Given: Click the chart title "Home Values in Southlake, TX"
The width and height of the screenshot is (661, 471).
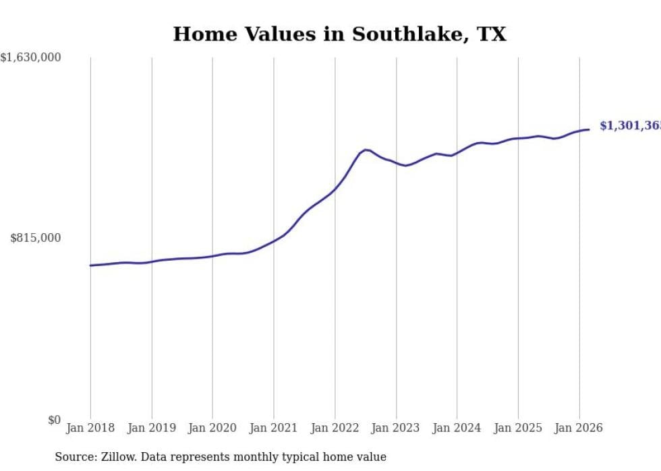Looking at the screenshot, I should pos(339,34).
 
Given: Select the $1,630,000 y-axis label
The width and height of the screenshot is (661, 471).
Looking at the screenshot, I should pos(30,57).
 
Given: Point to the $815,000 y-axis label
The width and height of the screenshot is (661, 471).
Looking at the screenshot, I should pos(35,238).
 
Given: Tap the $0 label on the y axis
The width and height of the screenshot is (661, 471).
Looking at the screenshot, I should pos(53,420).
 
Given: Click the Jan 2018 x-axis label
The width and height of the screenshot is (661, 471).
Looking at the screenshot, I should pos(90,428).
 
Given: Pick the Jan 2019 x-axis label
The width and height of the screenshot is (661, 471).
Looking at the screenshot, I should pos(152,428).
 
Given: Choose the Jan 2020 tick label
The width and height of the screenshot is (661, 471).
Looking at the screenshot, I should pos(212,428).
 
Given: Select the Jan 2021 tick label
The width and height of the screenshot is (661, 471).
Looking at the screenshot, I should pos(274,428).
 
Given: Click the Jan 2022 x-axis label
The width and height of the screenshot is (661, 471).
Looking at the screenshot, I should pos(335,428).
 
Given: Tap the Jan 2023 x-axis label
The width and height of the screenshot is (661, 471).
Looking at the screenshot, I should pos(396,428).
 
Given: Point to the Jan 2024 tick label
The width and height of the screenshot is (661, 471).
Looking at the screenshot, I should pos(457,428).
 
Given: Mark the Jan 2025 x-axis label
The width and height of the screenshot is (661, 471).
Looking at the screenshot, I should pos(518,428).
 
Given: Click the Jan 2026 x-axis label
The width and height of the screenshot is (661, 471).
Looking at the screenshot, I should pos(579,428).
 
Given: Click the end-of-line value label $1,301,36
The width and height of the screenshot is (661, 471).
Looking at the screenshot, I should pos(629,126).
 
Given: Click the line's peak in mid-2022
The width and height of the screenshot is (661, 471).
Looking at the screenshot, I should pos(366,150).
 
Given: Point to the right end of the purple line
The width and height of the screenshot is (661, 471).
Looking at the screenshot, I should pos(589,129).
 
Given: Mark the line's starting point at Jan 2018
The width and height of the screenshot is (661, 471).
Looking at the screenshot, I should pos(90,265).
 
